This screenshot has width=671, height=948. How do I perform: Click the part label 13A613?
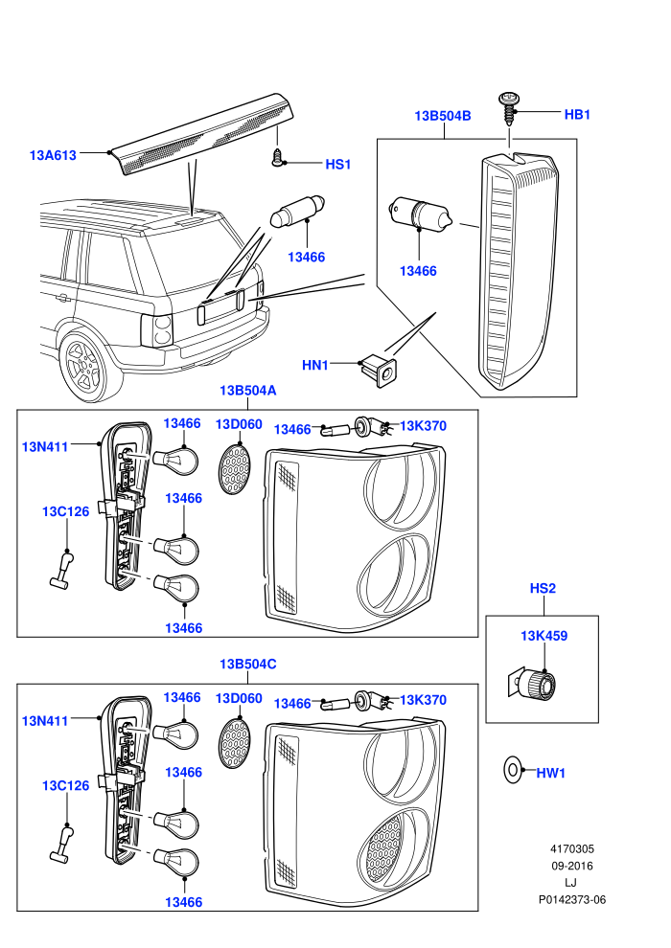pyautogui.click(x=54, y=155)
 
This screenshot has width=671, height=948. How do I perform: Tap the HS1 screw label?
pyautogui.click(x=338, y=165)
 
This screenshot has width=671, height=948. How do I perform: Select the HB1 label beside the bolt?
pyautogui.click(x=577, y=114)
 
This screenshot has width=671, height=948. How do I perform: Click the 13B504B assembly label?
pyautogui.click(x=442, y=116)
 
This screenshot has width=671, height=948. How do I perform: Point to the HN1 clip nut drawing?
pyautogui.click(x=380, y=370)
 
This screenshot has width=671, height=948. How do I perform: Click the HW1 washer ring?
pyautogui.click(x=512, y=770)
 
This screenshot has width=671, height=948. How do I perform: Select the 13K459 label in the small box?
pyautogui.click(x=544, y=636)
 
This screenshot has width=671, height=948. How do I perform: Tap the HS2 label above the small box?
pyautogui.click(x=543, y=588)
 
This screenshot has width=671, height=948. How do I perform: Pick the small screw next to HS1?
pyautogui.click(x=276, y=157)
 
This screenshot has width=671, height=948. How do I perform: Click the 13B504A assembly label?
pyautogui.click(x=247, y=391)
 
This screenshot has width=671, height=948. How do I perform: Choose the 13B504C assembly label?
pyautogui.click(x=247, y=664)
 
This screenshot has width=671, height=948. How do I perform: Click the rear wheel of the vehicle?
pyautogui.click(x=84, y=365)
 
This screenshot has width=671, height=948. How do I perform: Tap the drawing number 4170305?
pyautogui.click(x=571, y=848)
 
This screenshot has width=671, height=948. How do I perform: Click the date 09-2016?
pyautogui.click(x=571, y=866)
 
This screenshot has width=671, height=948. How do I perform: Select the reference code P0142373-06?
pyautogui.click(x=571, y=899)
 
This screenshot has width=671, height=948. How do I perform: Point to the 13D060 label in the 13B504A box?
pyautogui.click(x=239, y=424)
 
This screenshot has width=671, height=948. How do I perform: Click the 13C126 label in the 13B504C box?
pyautogui.click(x=65, y=785)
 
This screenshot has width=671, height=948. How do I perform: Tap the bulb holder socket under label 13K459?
pyautogui.click(x=532, y=683)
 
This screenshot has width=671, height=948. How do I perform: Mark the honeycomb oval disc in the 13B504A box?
pyautogui.click(x=233, y=468)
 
